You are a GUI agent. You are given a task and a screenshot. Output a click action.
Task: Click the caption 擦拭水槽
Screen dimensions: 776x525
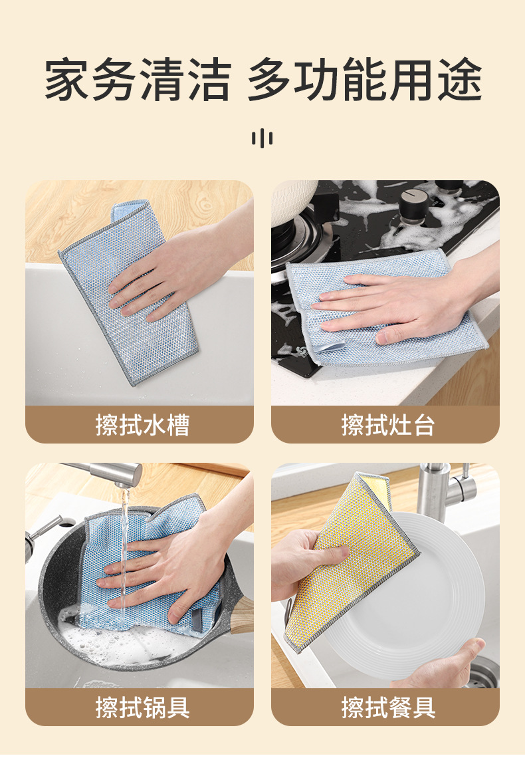click(x=142, y=425)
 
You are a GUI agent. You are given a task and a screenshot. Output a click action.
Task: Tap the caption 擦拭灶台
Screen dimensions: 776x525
click(x=388, y=425)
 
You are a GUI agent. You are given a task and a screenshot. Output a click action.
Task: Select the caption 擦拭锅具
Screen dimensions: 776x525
click(x=142, y=708)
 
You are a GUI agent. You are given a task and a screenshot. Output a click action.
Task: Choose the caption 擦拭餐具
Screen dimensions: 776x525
click(x=388, y=708)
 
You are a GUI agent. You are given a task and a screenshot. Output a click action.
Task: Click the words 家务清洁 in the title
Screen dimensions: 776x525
click(x=137, y=80)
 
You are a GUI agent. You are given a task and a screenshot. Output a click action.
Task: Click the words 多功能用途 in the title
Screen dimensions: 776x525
click(x=364, y=80)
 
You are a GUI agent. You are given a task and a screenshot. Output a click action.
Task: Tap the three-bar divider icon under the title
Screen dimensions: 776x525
click(x=262, y=138)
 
